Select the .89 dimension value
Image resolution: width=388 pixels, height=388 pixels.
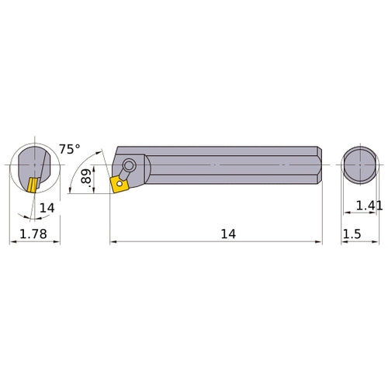[87, 179]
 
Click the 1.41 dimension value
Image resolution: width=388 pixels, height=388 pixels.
[369, 205]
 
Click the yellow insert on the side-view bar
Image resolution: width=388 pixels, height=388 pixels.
[120, 184]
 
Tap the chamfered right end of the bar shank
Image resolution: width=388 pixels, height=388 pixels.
[317, 165]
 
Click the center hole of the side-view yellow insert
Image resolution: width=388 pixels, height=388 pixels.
[120, 184]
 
